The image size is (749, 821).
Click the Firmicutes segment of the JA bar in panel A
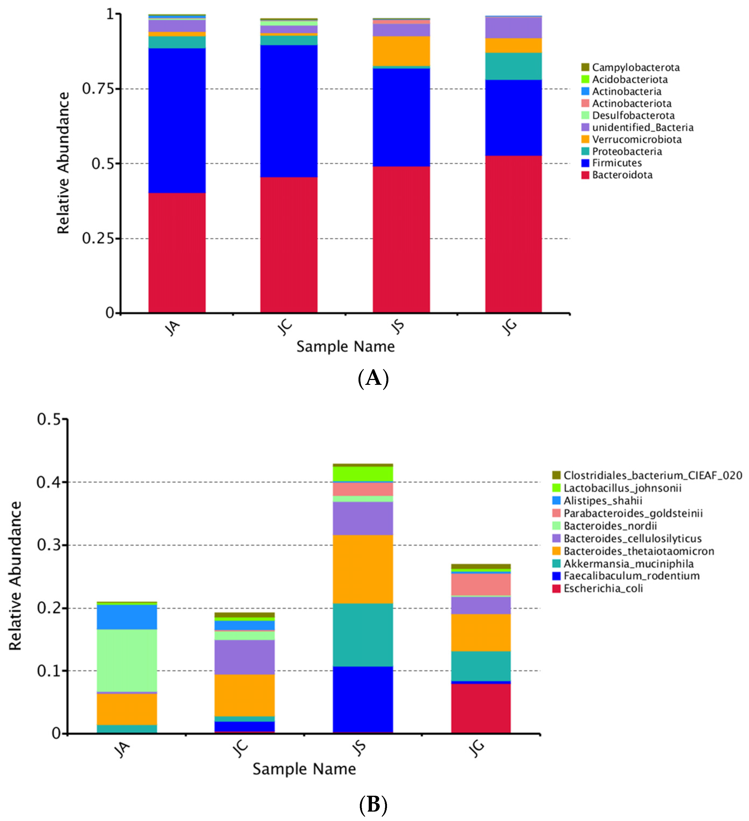[x=177, y=120]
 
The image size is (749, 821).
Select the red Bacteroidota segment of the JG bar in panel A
[x=513, y=234]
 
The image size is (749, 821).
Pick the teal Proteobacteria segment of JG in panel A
[x=513, y=66]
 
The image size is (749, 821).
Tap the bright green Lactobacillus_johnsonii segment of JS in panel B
[x=363, y=474]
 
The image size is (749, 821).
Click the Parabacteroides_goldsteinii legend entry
[x=633, y=513]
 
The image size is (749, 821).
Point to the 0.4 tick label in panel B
[x=48, y=482]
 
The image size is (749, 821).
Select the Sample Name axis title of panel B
[x=304, y=769]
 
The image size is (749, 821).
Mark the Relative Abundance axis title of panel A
[x=63, y=163]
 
